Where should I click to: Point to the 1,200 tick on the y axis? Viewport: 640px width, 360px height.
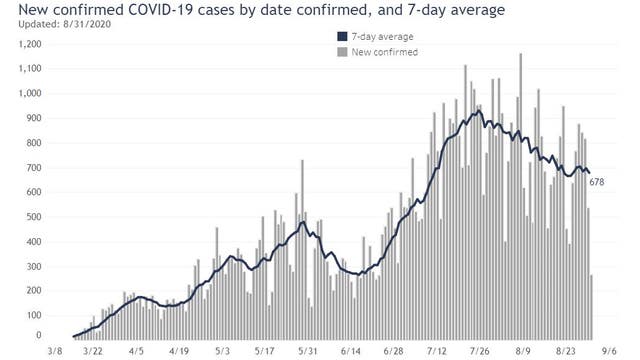point(27,45)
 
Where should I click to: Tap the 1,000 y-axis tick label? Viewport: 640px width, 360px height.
point(27,94)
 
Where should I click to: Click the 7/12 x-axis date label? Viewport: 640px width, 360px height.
point(437,352)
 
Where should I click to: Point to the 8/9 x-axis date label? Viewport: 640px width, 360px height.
point(522,352)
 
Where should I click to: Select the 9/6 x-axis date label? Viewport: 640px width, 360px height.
point(608,352)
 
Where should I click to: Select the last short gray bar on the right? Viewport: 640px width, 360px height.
point(592,306)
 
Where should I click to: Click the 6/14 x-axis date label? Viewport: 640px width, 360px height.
point(351,352)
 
